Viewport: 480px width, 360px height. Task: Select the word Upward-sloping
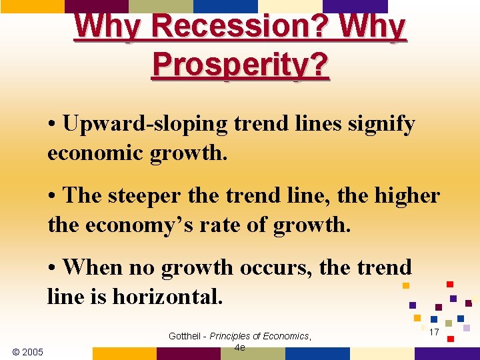(x=138, y=124)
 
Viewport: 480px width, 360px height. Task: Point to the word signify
(x=379, y=124)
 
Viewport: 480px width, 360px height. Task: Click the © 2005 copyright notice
(x=27, y=351)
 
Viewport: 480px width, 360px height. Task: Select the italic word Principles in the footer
(x=233, y=336)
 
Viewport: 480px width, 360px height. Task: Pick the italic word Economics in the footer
(x=286, y=336)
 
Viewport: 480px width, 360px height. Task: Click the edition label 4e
(x=240, y=347)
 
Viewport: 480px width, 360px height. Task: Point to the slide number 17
(x=434, y=331)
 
